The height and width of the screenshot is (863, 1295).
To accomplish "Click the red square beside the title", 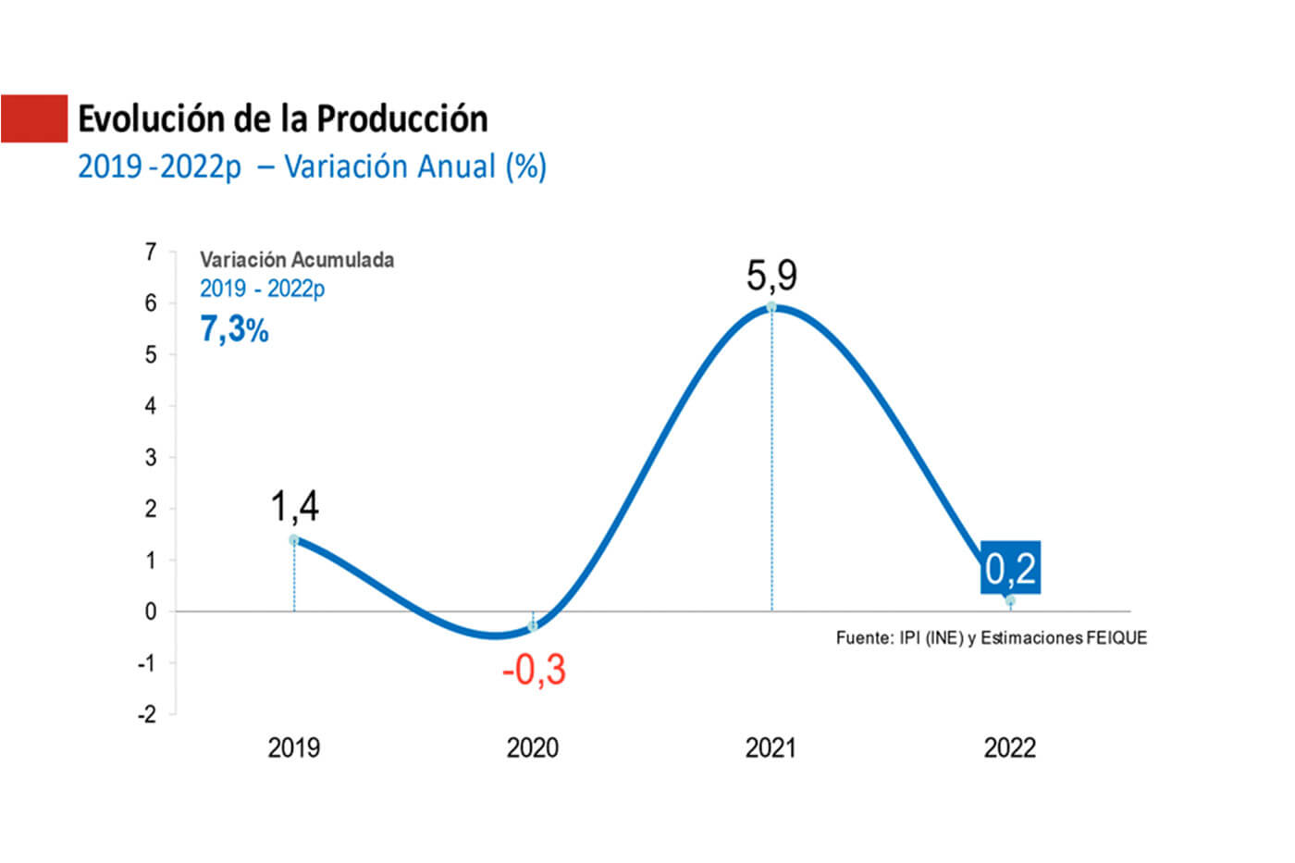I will click(x=34, y=118).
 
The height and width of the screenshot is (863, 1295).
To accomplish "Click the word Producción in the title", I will click(x=402, y=119).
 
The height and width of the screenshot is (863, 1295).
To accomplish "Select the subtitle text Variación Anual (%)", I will click(x=415, y=166).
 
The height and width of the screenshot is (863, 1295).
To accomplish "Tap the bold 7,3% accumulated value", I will click(x=234, y=329).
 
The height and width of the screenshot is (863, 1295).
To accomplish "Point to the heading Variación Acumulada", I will click(x=297, y=260).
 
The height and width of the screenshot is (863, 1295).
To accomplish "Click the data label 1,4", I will click(x=294, y=507).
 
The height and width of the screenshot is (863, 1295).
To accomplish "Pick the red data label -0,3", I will click(x=534, y=670).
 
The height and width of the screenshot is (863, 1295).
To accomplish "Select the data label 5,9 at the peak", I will click(x=771, y=276).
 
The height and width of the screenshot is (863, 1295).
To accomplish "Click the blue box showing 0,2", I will click(x=1010, y=567).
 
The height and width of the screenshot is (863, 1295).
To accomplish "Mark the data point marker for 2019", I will click(x=294, y=540).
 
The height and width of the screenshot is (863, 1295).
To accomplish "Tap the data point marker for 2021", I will click(x=771, y=307).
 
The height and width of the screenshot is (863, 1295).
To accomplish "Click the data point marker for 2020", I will click(x=533, y=626).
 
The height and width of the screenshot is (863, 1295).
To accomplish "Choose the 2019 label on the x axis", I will click(x=294, y=747).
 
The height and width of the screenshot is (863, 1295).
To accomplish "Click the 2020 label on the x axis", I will click(x=533, y=747).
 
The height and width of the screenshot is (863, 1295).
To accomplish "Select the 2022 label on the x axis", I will click(x=1010, y=747).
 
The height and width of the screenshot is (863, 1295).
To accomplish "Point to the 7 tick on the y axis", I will click(x=151, y=252).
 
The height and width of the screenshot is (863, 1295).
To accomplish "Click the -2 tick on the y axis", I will click(x=147, y=714).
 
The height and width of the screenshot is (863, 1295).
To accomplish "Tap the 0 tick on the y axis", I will click(x=151, y=611).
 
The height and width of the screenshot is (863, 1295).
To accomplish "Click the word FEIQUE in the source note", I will click(x=1116, y=637).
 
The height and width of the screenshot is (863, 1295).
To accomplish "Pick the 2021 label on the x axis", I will click(x=771, y=747).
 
